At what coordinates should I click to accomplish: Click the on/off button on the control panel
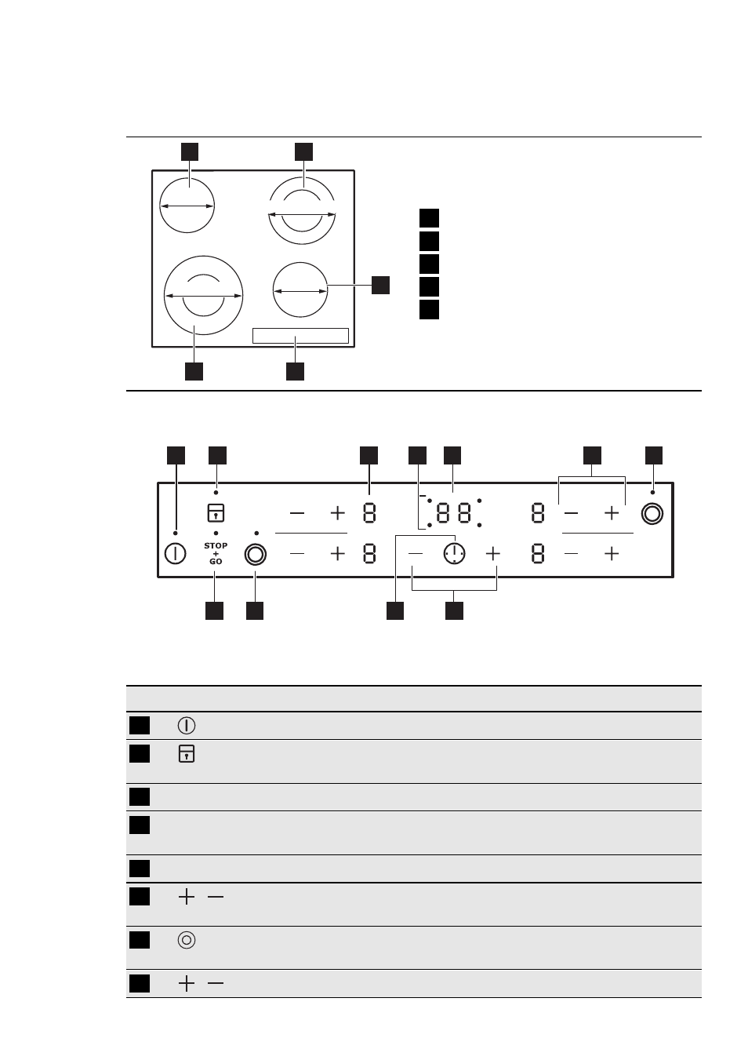tap(175, 554)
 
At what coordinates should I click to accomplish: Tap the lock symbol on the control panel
tap(216, 513)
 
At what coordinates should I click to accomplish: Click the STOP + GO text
tap(216, 553)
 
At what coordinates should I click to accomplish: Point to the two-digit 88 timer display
tap(454, 513)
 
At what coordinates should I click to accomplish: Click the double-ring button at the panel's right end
tap(652, 514)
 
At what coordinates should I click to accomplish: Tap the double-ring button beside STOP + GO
tap(256, 554)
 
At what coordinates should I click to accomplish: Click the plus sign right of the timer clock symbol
tap(492, 554)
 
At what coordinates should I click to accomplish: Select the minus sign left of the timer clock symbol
tap(416, 554)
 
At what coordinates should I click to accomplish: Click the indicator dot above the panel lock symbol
tap(216, 493)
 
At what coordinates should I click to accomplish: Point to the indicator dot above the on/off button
tap(176, 534)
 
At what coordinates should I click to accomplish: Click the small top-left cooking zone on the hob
tap(187, 206)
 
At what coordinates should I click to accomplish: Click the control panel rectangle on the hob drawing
tap(300, 329)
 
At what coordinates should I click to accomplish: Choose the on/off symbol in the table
tap(187, 726)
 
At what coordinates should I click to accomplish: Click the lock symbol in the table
tap(187, 754)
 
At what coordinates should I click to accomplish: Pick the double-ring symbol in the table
tap(187, 940)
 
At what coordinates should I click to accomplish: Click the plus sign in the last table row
tap(187, 984)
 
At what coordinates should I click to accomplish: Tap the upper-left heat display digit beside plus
tap(369, 513)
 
